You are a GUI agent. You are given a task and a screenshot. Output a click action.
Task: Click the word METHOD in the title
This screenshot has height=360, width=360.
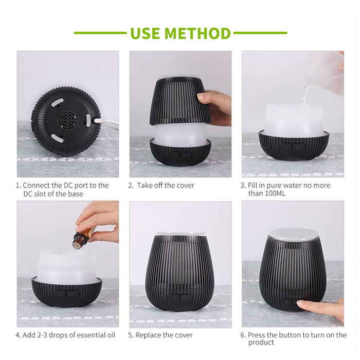[x=197, y=33]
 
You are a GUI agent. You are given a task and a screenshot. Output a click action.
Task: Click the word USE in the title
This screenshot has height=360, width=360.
[x=145, y=33]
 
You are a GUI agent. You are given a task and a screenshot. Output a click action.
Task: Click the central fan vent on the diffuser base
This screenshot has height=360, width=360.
[x=67, y=120]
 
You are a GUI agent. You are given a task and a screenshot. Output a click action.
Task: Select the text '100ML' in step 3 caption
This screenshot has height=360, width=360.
[x=275, y=193]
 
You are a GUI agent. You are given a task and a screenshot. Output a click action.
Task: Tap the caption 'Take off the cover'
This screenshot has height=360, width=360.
[x=166, y=185]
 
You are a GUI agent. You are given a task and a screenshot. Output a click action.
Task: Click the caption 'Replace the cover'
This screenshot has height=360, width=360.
[x=164, y=335]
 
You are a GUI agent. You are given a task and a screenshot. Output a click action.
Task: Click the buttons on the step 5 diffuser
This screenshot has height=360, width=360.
[x=180, y=298]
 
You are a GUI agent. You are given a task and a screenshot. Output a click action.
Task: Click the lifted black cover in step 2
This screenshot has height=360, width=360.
[x=180, y=101]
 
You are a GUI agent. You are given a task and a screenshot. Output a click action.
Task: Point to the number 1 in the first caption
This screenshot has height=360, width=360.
[x=17, y=185]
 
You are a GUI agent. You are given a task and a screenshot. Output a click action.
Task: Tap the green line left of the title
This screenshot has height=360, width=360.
[x=100, y=33]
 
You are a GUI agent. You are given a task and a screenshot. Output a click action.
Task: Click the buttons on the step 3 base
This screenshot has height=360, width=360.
[x=292, y=146]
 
